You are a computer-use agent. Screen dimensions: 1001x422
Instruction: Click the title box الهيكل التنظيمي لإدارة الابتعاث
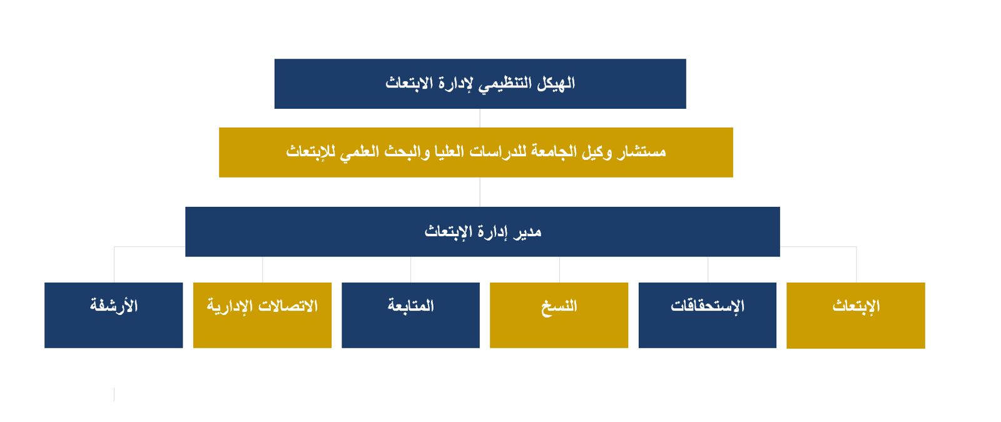point(480,84)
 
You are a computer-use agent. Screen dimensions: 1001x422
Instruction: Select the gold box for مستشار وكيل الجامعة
point(476,153)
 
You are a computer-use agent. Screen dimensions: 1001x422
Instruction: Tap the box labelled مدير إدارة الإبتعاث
point(482,232)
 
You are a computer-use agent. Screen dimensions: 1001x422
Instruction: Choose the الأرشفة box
point(113,315)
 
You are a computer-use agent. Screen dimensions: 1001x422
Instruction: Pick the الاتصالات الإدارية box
point(262,315)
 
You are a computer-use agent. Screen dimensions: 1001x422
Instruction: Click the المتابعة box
point(410,315)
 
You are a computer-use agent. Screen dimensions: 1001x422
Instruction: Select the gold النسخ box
point(559,315)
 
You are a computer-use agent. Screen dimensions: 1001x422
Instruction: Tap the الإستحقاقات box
point(708,315)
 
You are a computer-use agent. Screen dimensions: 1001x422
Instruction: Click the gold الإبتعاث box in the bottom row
point(856,315)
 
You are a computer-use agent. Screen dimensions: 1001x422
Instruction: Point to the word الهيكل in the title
point(556,83)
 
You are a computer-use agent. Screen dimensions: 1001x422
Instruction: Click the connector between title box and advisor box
point(480,118)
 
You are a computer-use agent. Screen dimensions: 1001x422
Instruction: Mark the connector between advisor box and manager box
point(480,192)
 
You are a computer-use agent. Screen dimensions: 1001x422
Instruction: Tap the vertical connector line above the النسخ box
point(559,269)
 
